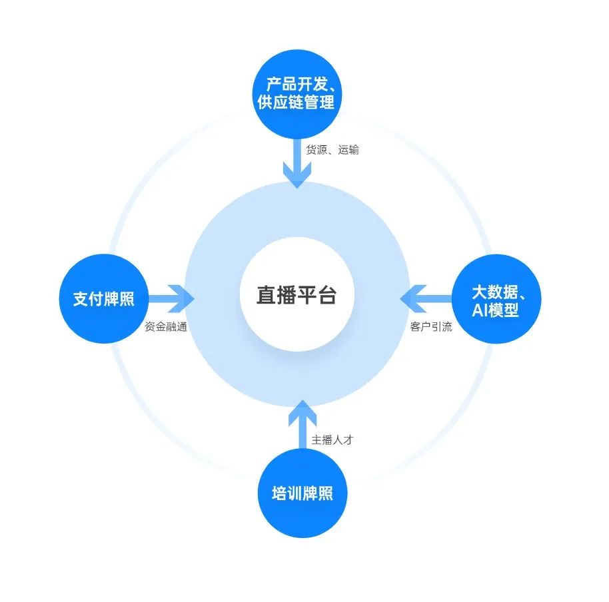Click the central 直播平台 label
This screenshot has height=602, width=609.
(x=297, y=295)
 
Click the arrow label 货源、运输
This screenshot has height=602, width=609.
(x=332, y=150)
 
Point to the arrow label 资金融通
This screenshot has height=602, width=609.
(x=167, y=327)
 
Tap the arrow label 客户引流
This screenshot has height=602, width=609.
(x=430, y=327)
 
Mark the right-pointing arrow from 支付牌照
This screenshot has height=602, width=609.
(x=170, y=298)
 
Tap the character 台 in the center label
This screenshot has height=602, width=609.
(x=326, y=295)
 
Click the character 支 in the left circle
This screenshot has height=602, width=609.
(x=81, y=298)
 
